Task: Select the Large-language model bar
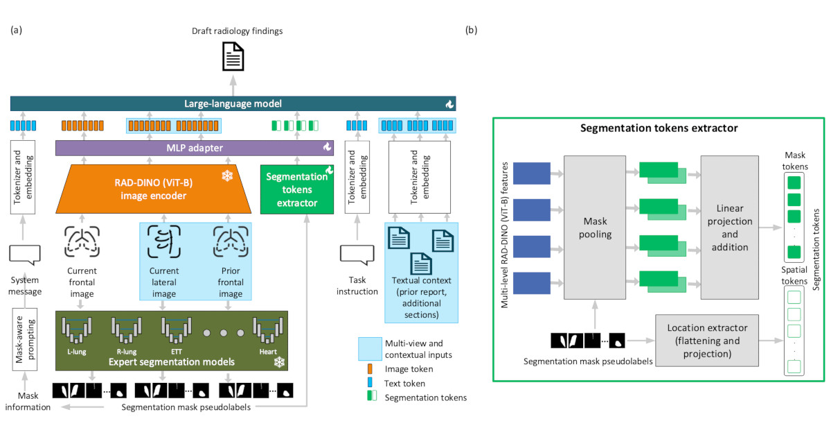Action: coord(233,104)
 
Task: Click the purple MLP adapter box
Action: coord(194,147)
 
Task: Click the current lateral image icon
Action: coord(164,241)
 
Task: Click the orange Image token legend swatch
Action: coord(370,369)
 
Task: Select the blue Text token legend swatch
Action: coord(370,383)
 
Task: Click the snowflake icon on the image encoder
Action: coord(226,176)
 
